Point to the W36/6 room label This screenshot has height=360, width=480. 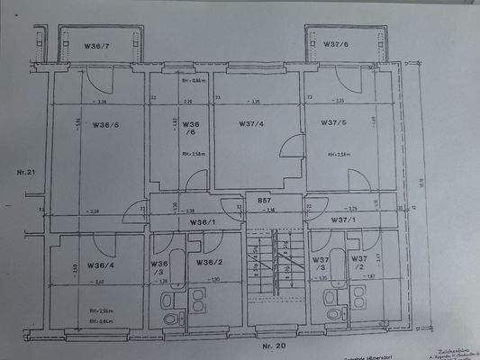click(189, 128)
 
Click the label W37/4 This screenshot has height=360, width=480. click(252, 123)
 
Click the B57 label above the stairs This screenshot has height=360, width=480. click(265, 200)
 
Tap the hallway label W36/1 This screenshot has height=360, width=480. click(203, 220)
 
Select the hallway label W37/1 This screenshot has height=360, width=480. click(343, 220)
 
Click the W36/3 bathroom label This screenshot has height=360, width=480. click(158, 267)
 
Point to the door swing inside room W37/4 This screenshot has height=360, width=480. click(291, 147)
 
